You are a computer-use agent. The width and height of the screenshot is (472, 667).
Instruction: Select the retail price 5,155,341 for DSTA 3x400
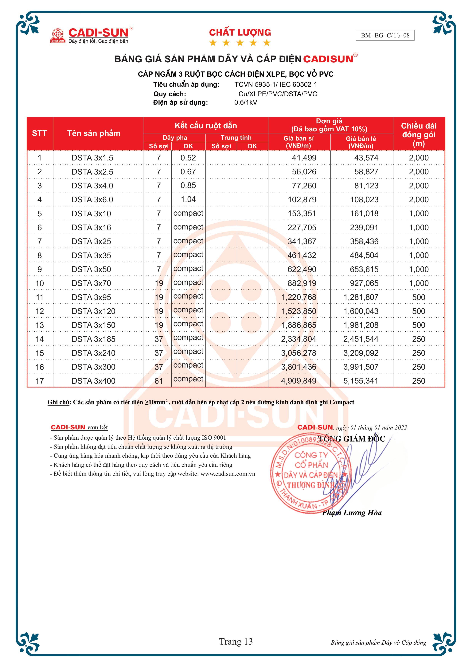coord(361,381)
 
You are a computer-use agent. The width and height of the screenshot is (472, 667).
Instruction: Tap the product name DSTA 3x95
coord(91,297)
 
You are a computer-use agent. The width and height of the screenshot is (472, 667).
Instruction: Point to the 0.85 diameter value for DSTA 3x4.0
coord(188,185)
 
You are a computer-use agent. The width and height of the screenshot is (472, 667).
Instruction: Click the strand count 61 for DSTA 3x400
coord(159,381)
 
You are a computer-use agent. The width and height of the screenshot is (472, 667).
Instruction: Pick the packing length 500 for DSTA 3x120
coord(419,311)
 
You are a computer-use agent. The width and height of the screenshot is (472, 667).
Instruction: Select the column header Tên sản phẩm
coord(94,133)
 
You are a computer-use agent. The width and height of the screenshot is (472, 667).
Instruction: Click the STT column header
coord(40,133)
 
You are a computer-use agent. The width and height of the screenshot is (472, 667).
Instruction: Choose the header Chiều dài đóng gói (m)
coord(419,134)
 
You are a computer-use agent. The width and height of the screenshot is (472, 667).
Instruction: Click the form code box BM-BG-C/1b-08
coord(385,35)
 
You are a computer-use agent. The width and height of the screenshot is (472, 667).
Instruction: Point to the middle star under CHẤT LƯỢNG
coord(240,43)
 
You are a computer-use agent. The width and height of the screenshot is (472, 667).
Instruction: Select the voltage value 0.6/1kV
coord(246,102)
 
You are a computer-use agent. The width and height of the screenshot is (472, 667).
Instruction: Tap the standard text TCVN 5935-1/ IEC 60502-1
coord(275,85)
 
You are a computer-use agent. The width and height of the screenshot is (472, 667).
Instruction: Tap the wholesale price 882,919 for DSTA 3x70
coord(302,283)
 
